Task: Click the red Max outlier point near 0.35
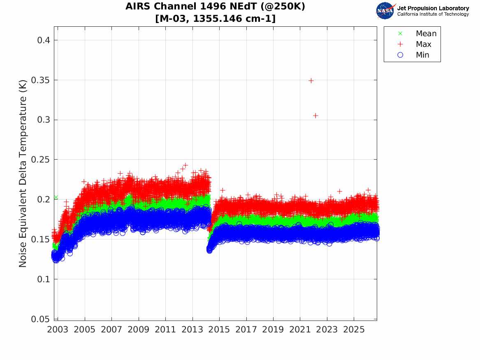tap(311, 81)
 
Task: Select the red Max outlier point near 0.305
tap(315, 116)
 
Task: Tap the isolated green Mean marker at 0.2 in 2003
tap(56, 197)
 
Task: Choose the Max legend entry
tap(414, 44)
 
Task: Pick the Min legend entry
tap(413, 55)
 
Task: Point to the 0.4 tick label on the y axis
tap(44, 40)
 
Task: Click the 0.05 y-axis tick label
tap(40, 319)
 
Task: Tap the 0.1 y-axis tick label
tap(44, 279)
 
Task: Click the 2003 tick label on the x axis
tap(58, 330)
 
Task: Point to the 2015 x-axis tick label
tap(219, 330)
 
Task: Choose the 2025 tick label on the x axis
tap(354, 330)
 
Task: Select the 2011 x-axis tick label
tap(165, 330)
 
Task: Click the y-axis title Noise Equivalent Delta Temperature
tap(23, 173)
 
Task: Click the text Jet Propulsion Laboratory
tap(433, 8)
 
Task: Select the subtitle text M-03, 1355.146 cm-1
tap(216, 19)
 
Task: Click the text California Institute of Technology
tap(433, 14)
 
